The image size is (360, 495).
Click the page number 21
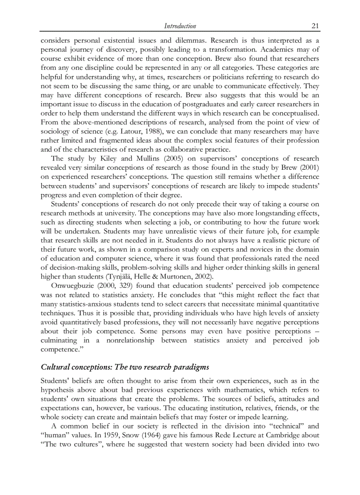coord(315,26)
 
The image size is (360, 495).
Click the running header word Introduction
coord(180,26)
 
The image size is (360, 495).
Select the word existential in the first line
coord(136,40)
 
